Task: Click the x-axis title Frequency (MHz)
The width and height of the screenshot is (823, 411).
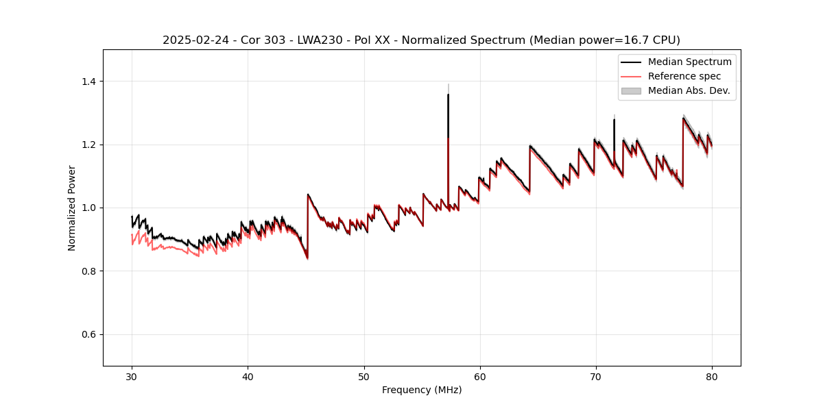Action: pyautogui.click(x=422, y=390)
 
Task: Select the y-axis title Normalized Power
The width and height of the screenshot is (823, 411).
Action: pyautogui.click(x=72, y=208)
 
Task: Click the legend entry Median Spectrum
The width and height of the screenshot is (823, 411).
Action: pyautogui.click(x=689, y=62)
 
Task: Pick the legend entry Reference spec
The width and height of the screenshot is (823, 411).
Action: pyautogui.click(x=684, y=76)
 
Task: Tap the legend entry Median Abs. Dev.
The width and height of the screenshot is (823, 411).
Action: pyautogui.click(x=689, y=90)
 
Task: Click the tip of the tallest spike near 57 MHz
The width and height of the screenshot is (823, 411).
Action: pyautogui.click(x=448, y=95)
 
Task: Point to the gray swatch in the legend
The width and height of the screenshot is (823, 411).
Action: pyautogui.click(x=631, y=90)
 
